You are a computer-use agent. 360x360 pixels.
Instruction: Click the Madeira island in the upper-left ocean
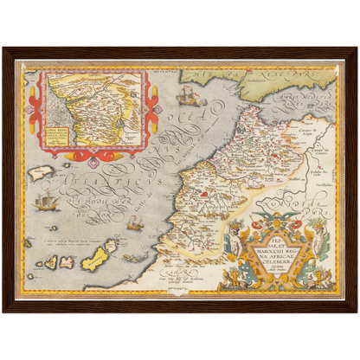click(x=41, y=173)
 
